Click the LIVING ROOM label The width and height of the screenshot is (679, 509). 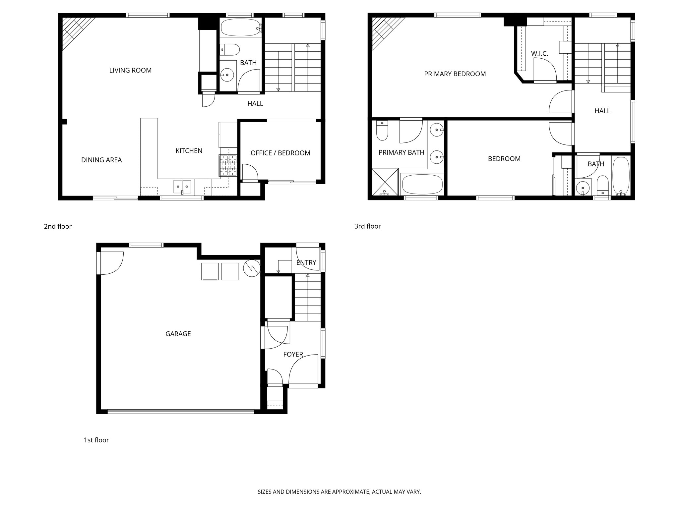click(130, 70)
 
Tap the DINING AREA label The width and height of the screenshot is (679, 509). click(101, 160)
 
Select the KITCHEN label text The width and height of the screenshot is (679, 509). click(189, 151)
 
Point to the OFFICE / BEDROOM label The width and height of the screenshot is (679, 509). click(280, 153)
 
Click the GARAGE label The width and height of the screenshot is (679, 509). click(178, 334)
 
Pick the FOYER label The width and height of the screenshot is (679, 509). click(293, 354)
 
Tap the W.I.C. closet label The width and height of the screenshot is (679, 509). click(539, 53)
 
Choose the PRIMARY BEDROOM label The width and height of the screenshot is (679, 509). click(455, 74)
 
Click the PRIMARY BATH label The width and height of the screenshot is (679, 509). click(401, 152)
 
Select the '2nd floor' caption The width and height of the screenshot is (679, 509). click(58, 226)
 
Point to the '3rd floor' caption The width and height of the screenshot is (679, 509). click(367, 226)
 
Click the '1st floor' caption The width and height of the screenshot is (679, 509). click(96, 440)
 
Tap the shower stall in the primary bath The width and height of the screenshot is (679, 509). click(385, 182)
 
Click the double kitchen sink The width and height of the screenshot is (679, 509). click(182, 187)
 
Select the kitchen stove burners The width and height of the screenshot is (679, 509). click(228, 165)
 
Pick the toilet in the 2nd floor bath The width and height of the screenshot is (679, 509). click(230, 50)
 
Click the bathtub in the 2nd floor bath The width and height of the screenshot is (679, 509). click(241, 28)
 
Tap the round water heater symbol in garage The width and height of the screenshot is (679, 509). click(252, 268)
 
